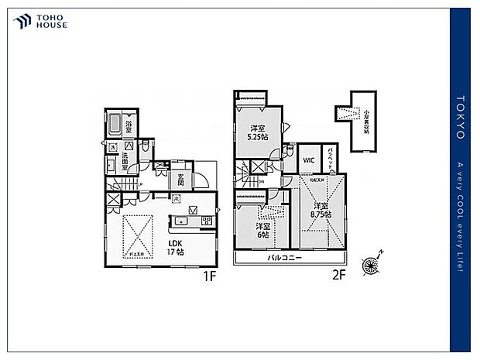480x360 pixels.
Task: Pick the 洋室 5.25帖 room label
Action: point(258,133)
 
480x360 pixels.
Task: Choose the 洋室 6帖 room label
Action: point(264,231)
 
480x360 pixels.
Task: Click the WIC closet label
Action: point(308,160)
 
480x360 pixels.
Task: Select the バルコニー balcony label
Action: point(286,258)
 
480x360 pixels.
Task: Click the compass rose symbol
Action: point(372,262)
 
